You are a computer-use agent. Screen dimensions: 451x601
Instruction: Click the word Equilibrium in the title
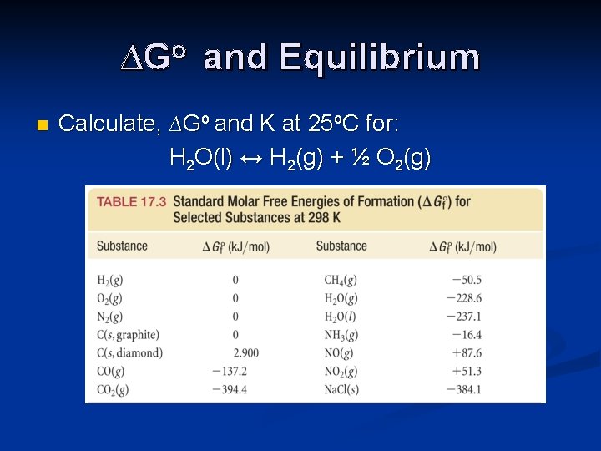pos(380,58)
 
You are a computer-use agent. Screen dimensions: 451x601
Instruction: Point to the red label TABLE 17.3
pos(132,201)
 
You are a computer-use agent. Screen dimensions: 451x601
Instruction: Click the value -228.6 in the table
pos(463,298)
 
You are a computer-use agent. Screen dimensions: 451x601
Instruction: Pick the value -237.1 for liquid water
pos(463,317)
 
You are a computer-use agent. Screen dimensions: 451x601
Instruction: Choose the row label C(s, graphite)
pos(128,335)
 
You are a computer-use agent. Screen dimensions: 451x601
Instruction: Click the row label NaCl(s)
pos(342,389)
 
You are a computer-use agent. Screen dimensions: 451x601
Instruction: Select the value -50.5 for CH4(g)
pos(466,280)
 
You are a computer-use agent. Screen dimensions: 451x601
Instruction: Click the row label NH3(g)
pos(341,335)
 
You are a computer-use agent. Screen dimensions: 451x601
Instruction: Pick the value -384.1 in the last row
pos(463,389)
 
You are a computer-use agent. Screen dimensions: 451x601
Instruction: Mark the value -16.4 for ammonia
pos(466,335)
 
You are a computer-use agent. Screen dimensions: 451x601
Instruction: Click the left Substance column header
pos(122,246)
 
